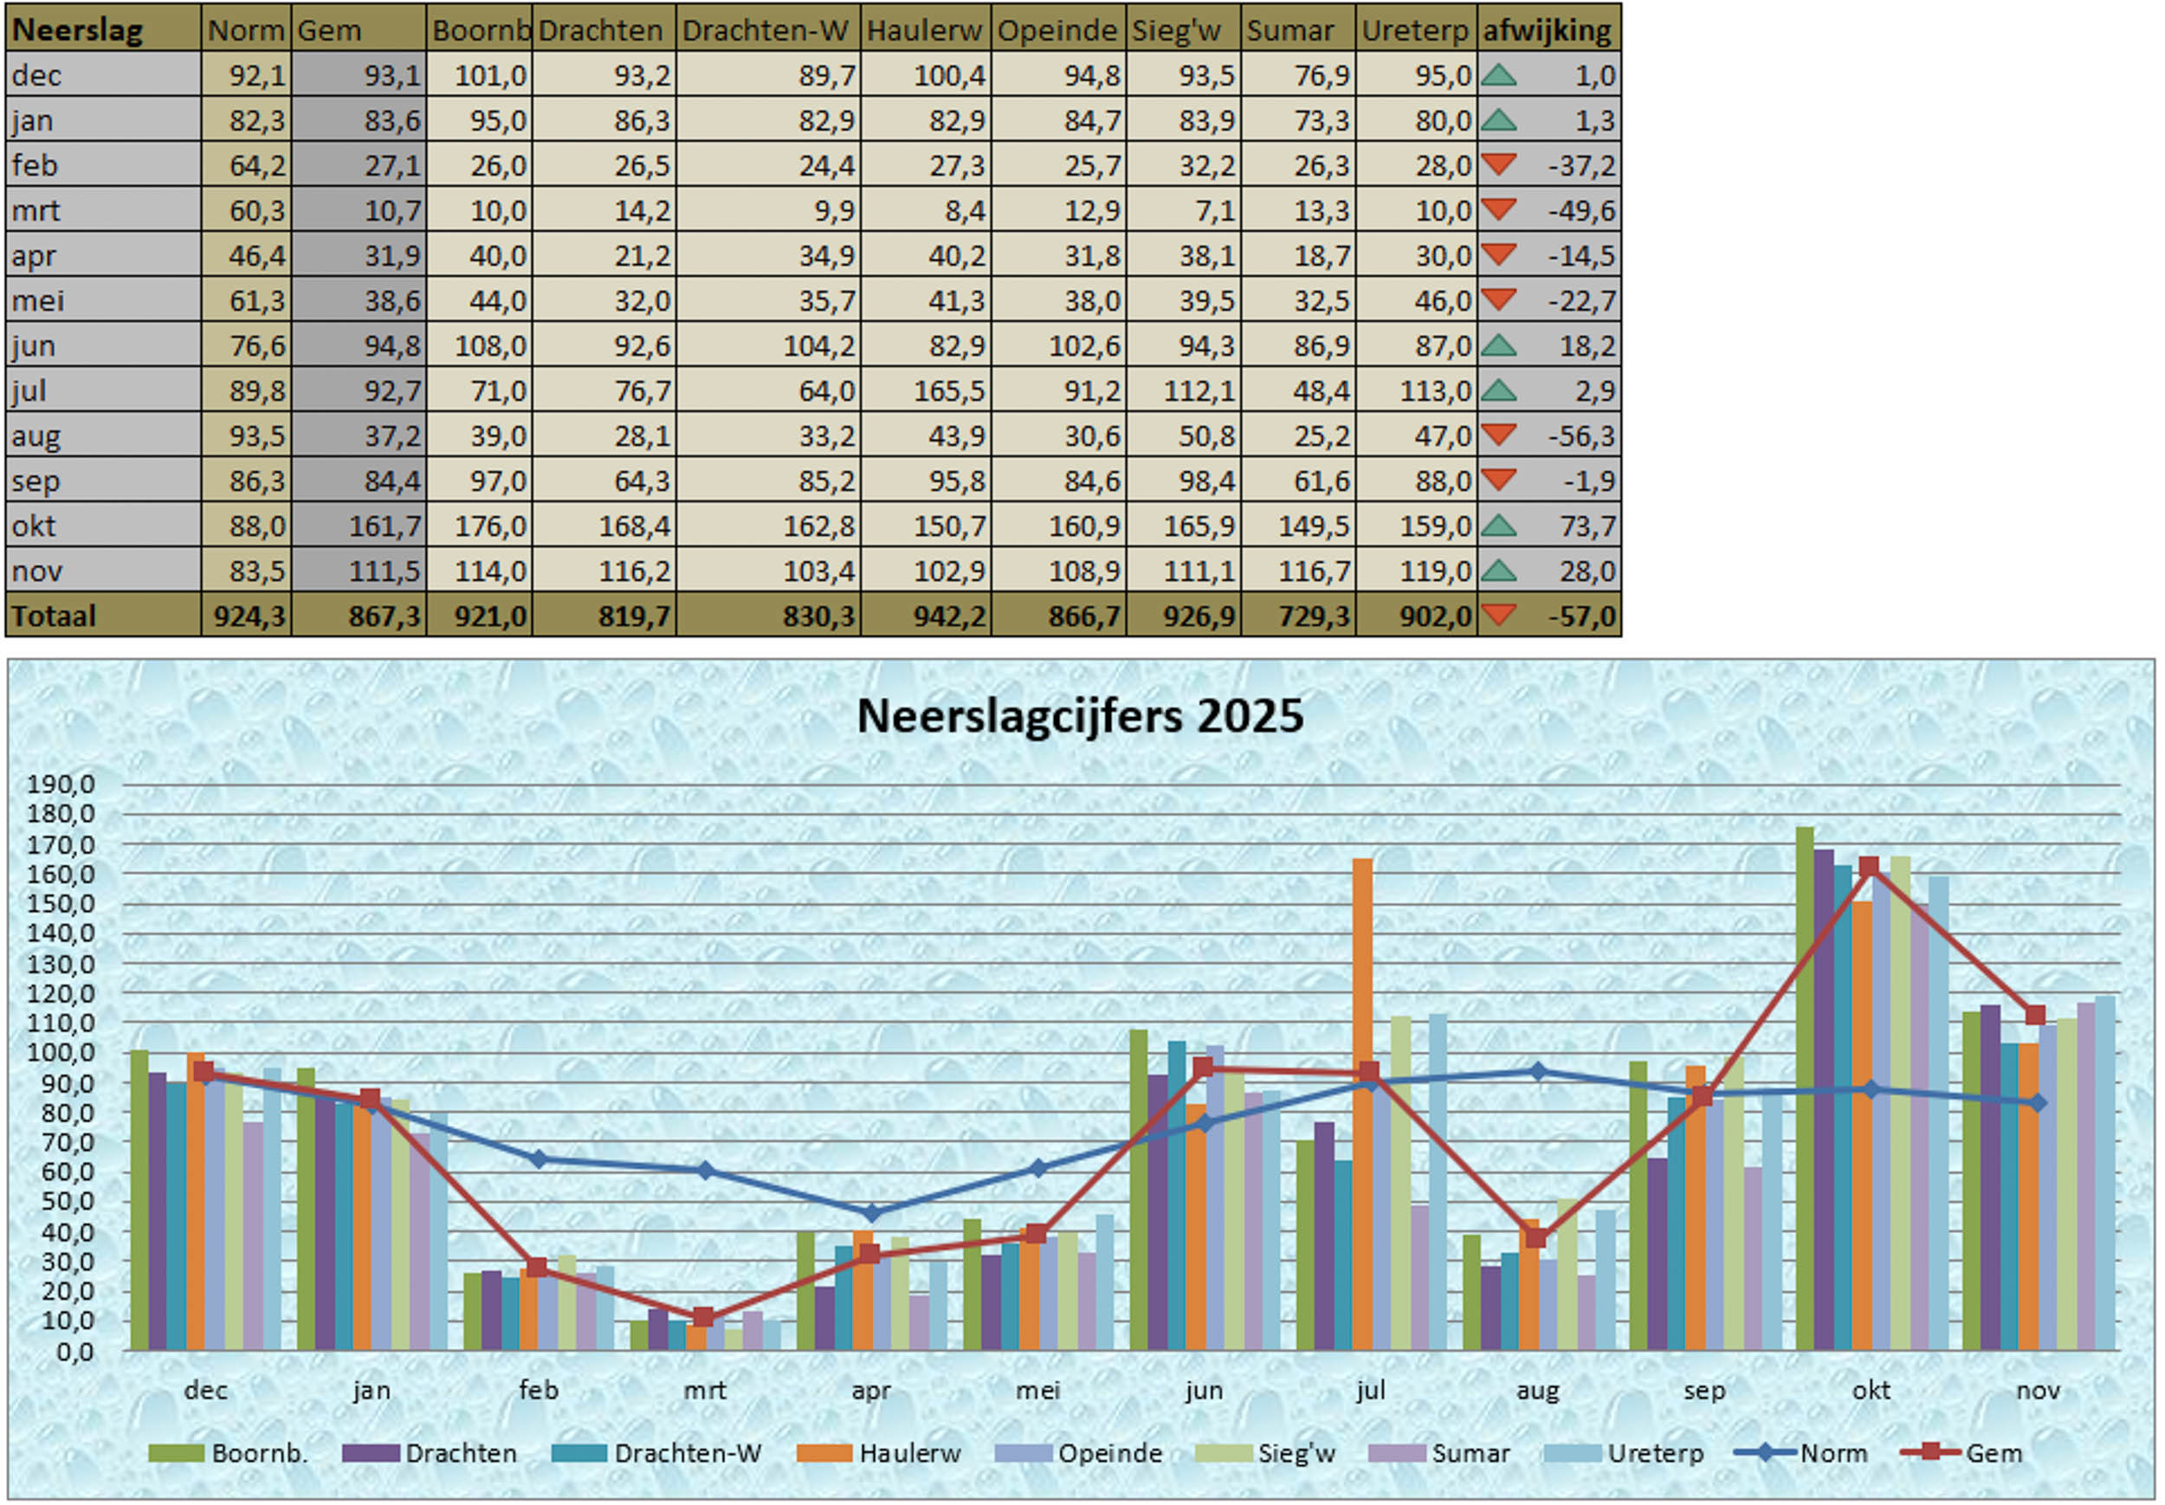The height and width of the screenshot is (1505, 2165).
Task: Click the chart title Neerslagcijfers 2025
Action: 1080,716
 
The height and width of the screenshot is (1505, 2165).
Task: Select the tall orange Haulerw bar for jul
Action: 1362,1103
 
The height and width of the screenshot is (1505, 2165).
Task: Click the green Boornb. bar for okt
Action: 1805,1084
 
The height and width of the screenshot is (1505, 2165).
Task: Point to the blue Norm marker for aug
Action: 1538,1071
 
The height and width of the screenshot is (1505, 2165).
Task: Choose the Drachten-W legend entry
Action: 687,1453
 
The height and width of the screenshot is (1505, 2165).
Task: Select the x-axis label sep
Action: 1704,1390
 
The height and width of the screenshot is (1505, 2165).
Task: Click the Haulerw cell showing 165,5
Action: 948,391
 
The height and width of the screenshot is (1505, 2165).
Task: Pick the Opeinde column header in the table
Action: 1057,30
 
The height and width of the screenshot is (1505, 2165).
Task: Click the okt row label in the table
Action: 35,526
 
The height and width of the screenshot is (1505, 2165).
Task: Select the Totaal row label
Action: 54,616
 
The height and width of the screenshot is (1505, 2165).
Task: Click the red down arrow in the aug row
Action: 1498,435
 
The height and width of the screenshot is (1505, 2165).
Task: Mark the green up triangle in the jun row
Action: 1498,346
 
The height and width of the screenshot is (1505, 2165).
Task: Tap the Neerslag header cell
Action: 78,30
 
